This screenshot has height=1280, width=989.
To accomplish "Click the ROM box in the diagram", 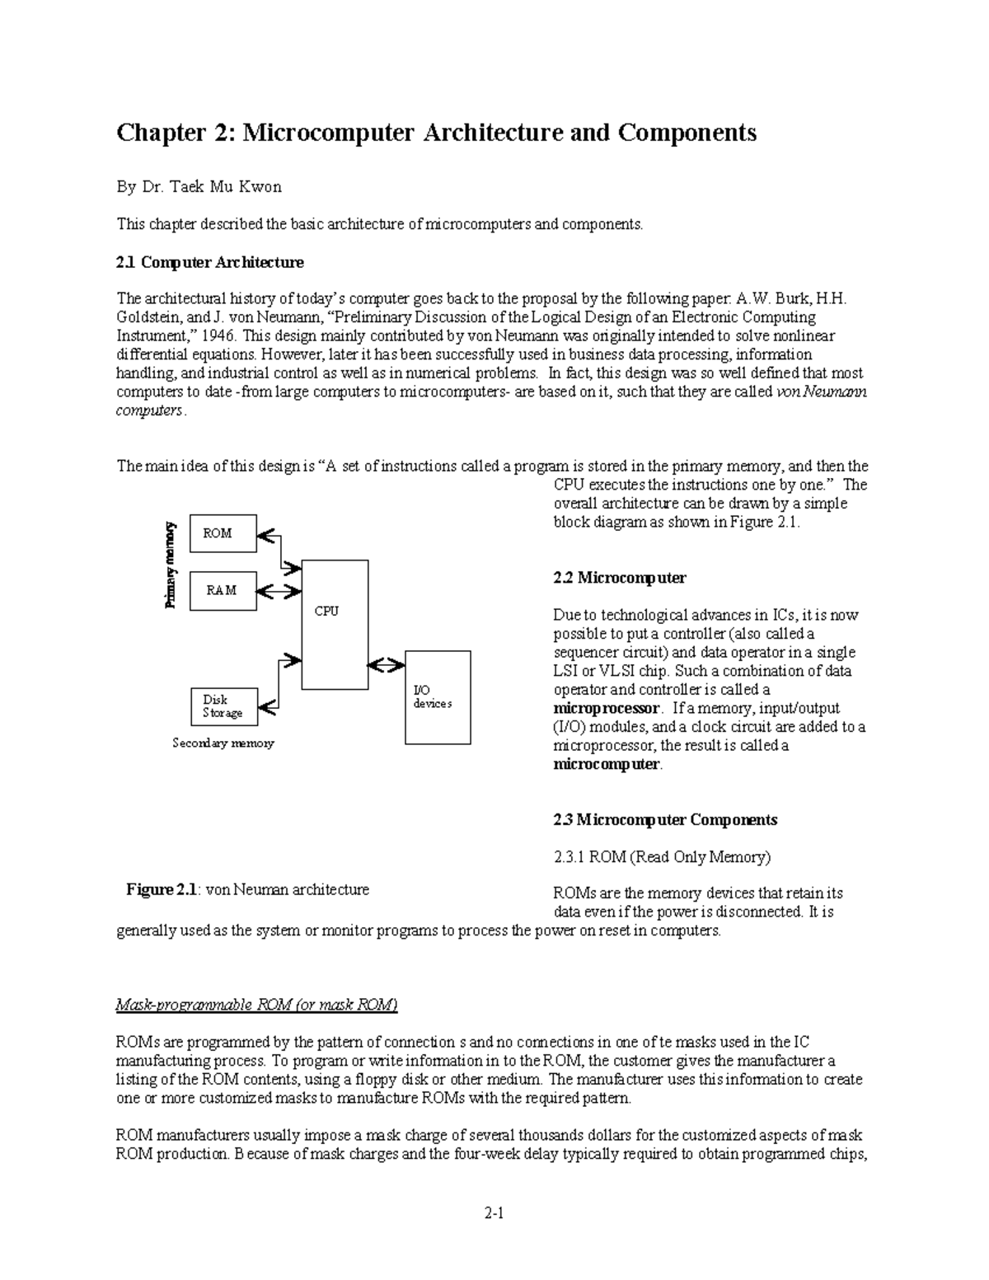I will coord(223,533).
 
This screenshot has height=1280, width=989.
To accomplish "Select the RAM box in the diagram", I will coord(223,590).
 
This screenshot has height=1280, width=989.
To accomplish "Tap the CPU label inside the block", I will coord(326,612).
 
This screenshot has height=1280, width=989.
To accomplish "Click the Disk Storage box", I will coord(223,706).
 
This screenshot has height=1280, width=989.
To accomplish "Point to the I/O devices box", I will coord(437,697).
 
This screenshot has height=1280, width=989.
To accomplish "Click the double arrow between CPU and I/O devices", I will coord(386,664).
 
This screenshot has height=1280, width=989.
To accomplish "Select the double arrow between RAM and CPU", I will coord(279,592).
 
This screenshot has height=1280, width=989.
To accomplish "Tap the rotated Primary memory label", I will coord(171,565).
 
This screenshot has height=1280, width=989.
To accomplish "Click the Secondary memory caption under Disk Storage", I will coord(223,743).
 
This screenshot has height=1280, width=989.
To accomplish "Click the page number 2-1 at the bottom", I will coord(494,1213).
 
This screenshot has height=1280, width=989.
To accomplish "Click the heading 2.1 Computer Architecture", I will coord(209,262).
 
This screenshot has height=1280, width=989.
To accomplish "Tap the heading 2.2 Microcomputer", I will coord(619,578).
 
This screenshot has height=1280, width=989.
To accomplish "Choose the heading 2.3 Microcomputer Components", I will coord(664,820).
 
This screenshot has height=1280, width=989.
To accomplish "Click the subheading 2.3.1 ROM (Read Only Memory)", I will coord(662,857).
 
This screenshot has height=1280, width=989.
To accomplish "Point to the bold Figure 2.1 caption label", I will coord(162,890).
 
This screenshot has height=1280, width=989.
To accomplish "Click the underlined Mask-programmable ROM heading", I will coord(256,1006).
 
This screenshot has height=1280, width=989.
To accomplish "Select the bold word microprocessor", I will coord(606,709).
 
